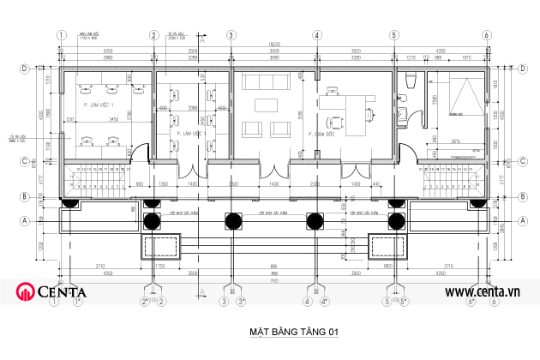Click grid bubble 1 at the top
pos(61,35)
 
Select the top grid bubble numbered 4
pos(316,35)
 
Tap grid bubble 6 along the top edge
pos(485,35)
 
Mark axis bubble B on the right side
pos(522,196)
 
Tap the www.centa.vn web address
pos(483,292)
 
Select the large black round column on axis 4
pos(316,220)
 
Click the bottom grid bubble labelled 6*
pos(472,302)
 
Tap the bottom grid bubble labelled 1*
pos(77,302)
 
